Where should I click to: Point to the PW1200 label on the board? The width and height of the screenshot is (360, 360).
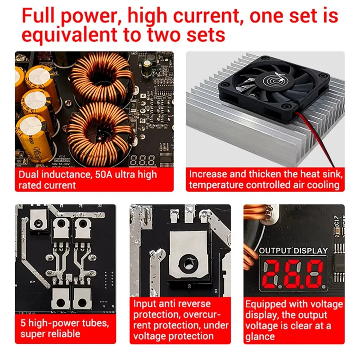tap(63, 159)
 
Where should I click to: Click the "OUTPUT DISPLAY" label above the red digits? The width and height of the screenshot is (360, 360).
tap(293, 250)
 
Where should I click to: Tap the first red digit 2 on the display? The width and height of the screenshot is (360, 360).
tap(273, 274)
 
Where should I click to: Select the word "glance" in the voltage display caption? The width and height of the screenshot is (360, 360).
tap(260, 336)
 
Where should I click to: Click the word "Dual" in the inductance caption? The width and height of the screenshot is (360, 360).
tap(30, 175)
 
